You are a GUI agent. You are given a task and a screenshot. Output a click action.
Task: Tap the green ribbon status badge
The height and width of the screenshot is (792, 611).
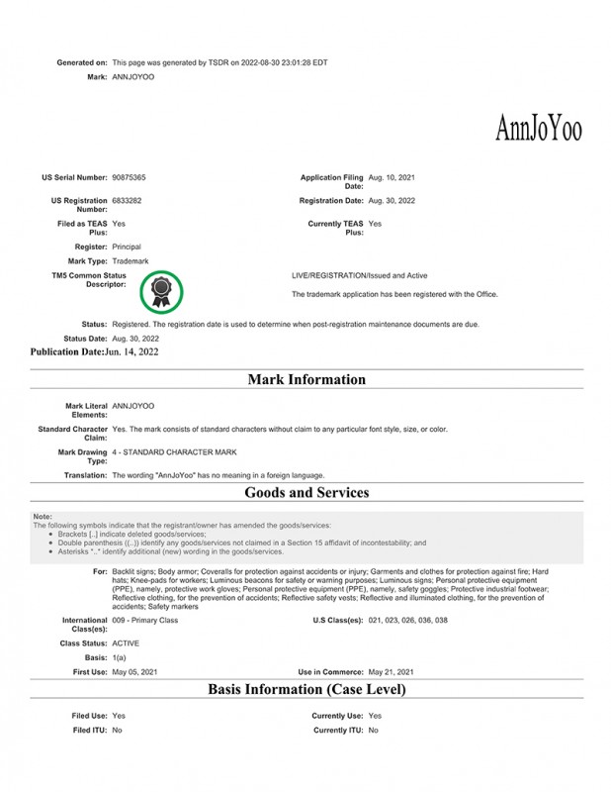(162, 290)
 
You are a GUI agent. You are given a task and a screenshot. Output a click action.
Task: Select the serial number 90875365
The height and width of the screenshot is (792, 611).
(130, 177)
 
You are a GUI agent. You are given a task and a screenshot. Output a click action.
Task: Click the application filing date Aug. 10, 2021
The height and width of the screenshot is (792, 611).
(392, 177)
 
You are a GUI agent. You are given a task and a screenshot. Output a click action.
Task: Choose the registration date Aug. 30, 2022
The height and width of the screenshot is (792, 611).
(392, 200)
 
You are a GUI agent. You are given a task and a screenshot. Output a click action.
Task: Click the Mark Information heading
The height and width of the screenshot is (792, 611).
(306, 379)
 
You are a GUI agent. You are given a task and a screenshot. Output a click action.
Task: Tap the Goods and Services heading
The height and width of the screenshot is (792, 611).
(306, 492)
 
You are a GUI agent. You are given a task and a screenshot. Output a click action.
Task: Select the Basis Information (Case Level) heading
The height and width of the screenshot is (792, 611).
(306, 688)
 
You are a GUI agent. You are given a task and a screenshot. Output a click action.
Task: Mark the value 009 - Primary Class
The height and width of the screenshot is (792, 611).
(145, 620)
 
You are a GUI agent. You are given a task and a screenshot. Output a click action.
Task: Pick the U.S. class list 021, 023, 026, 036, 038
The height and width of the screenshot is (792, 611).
(407, 620)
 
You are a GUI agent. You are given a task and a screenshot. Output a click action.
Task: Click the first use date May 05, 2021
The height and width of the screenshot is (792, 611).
(134, 671)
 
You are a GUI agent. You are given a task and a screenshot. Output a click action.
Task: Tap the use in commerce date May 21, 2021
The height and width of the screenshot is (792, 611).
(391, 671)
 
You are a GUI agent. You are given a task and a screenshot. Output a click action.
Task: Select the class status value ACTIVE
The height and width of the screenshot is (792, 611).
(126, 643)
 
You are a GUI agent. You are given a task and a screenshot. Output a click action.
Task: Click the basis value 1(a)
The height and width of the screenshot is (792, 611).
(119, 657)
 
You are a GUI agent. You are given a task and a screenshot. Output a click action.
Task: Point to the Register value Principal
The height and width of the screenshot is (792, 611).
(127, 246)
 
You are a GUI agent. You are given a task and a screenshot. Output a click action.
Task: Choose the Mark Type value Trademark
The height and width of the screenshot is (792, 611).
(130, 260)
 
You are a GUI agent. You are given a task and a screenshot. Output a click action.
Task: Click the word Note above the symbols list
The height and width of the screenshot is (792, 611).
(42, 517)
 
